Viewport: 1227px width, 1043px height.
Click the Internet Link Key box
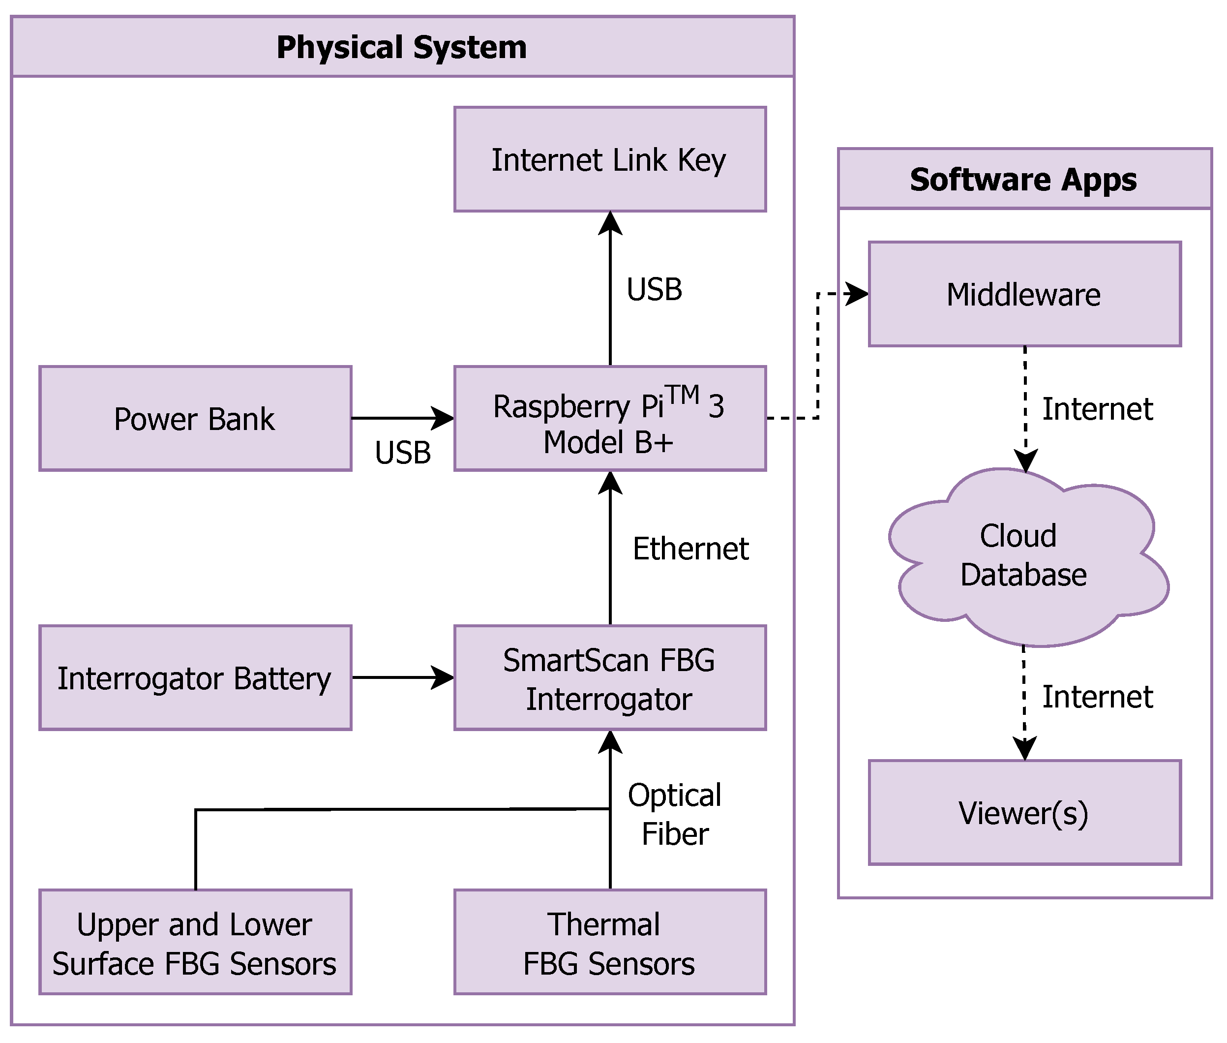609,159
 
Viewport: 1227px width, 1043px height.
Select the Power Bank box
195,418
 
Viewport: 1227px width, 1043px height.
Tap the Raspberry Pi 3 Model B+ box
609,418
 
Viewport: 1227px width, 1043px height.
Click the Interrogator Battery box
195,677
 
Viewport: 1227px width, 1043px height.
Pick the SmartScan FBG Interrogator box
609,677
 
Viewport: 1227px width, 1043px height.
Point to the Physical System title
401,47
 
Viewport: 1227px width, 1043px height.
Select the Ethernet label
690,548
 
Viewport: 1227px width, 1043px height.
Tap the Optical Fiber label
674,814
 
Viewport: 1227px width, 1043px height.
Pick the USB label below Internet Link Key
654,289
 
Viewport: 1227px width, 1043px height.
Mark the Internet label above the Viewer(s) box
1097,696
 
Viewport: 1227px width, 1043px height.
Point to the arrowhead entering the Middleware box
858,293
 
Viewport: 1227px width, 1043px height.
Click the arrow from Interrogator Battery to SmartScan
402,677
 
